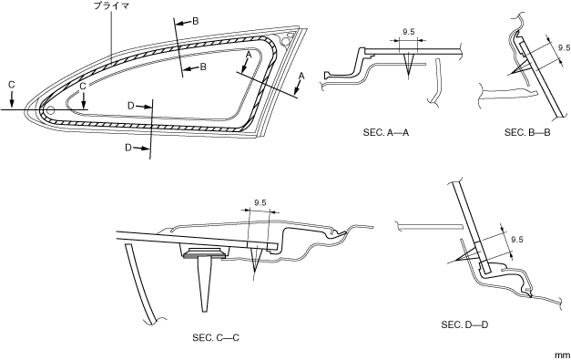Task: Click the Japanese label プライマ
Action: coord(111,5)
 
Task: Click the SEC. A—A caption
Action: coord(386,133)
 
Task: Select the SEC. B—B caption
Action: coord(527,133)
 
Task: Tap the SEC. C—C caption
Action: coord(216,338)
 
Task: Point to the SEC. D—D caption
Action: coord(464,324)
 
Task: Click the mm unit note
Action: coord(563,355)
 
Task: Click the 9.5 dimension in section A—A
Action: coord(409,32)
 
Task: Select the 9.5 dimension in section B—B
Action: coord(564,47)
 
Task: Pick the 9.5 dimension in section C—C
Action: coord(260,203)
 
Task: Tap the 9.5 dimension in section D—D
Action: coord(516,240)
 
